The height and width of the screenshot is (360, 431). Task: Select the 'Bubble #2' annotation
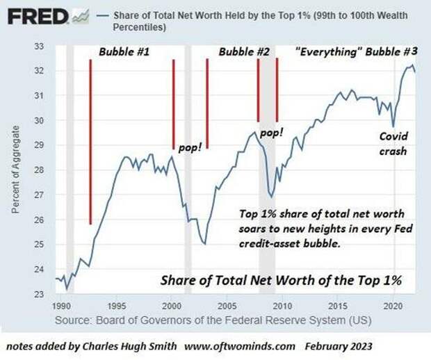244,53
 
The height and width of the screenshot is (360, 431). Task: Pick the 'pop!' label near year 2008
272,131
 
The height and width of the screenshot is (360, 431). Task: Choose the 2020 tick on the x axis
393,306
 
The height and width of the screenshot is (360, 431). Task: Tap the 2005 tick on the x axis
227,306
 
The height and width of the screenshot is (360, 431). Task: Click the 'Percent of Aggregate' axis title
15,170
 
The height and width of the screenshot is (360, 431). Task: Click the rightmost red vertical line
277,90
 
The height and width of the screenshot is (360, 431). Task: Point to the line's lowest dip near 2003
204,244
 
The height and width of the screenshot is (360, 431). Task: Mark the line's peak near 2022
412,65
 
